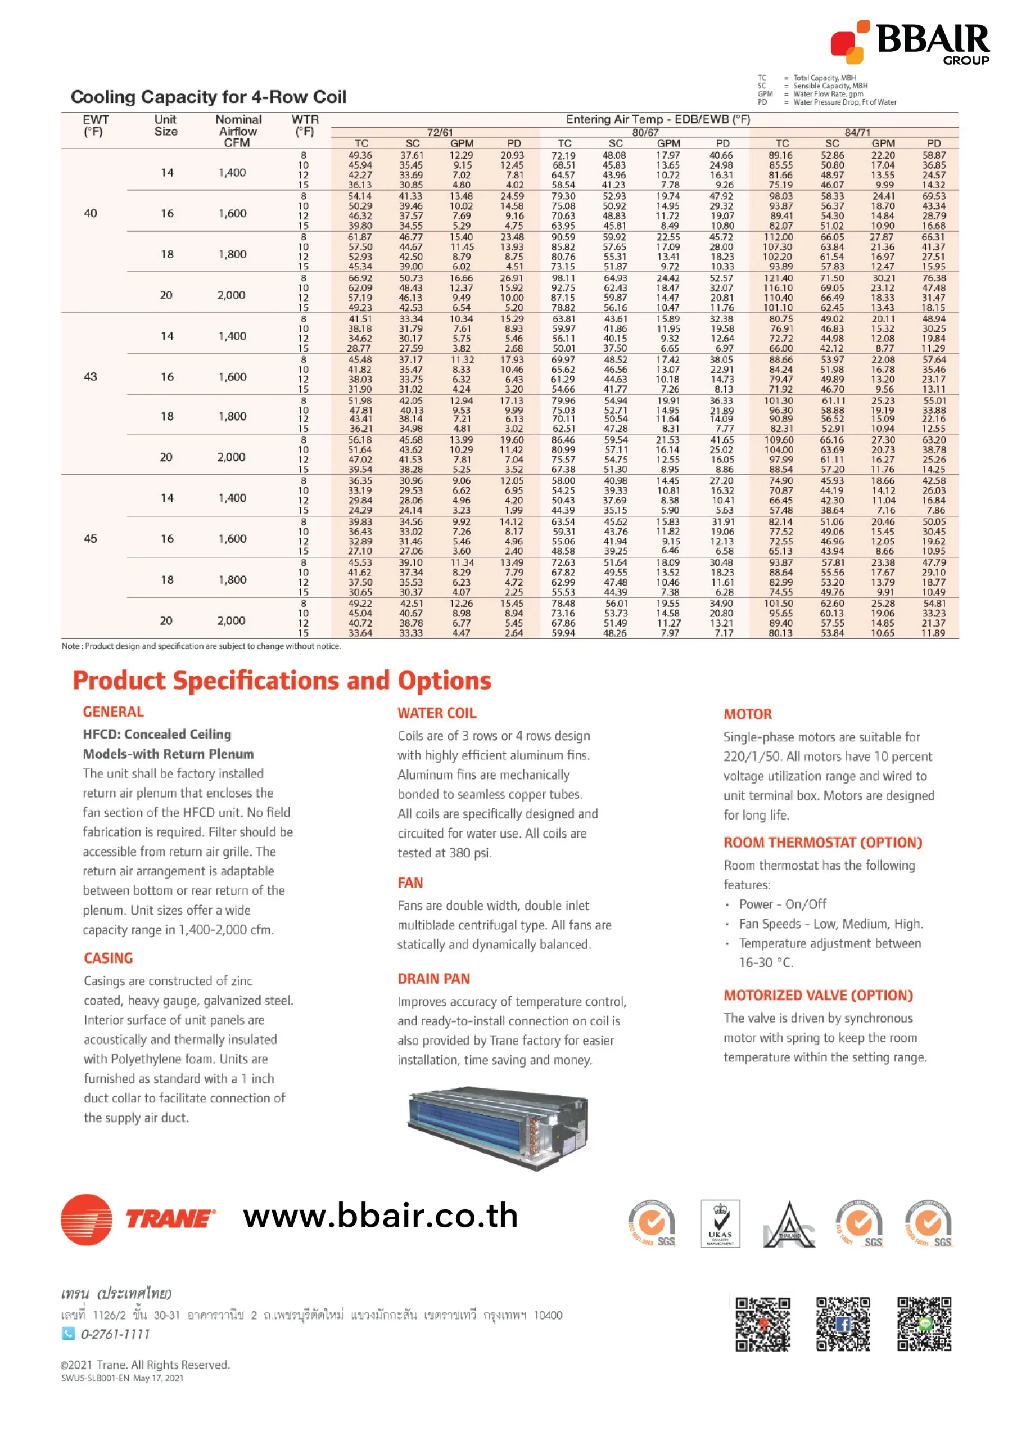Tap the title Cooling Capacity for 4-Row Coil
[x=208, y=97]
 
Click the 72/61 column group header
[x=440, y=132]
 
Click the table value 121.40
[x=778, y=278]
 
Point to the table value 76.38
[x=933, y=278]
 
